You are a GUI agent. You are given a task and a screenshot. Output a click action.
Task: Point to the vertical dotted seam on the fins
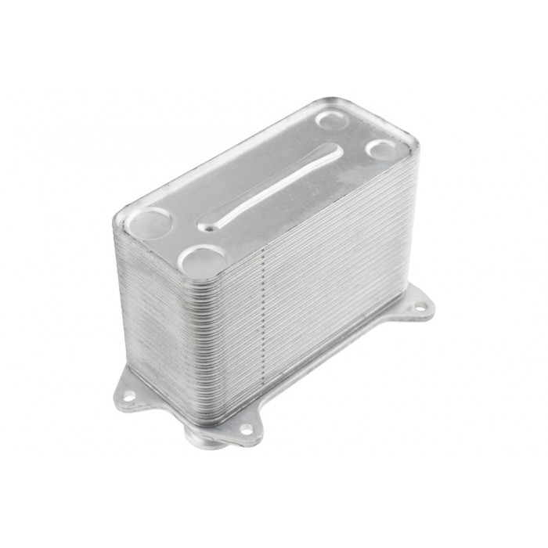(268, 329)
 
